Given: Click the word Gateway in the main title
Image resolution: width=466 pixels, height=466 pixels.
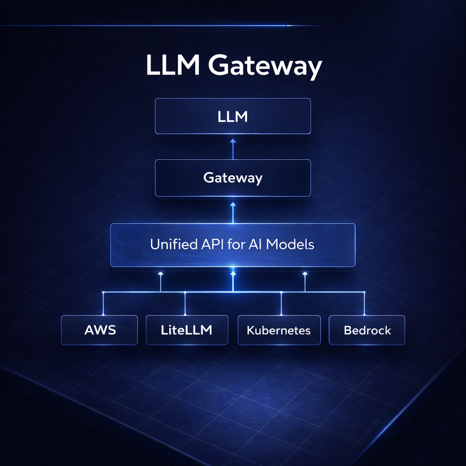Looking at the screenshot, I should (x=265, y=67).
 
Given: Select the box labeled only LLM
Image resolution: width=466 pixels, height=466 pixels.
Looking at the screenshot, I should (x=233, y=116).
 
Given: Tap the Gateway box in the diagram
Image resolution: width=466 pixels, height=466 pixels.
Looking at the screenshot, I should (x=233, y=177).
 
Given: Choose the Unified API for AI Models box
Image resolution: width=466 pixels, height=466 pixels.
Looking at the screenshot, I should (x=233, y=245).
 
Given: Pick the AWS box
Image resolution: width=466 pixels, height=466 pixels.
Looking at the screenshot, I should (x=100, y=330).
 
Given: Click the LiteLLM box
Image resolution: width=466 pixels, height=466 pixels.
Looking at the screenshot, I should (x=187, y=330).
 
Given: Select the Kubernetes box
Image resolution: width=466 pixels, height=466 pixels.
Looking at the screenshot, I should (x=279, y=330).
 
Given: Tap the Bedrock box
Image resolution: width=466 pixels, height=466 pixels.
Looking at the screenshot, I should (x=367, y=330).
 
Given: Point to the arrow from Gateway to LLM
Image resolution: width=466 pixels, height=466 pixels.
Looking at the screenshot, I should (x=233, y=148).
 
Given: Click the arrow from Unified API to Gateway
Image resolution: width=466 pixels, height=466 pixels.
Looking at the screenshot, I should (x=233, y=212).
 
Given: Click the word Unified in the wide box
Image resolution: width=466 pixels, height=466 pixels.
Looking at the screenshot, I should (x=172, y=244).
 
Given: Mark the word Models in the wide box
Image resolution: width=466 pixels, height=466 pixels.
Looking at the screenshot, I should (x=290, y=244).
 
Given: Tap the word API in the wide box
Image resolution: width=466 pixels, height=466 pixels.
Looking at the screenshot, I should (x=212, y=244).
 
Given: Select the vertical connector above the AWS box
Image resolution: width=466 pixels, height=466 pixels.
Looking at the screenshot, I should (x=104, y=303).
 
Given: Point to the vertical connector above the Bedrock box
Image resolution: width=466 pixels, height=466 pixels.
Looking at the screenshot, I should (x=364, y=303).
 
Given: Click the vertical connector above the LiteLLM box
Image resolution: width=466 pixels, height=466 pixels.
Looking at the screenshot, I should (x=185, y=303).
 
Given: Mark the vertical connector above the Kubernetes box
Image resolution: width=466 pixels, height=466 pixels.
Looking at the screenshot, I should (x=281, y=303).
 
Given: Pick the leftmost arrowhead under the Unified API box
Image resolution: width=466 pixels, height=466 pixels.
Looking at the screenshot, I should (x=160, y=274).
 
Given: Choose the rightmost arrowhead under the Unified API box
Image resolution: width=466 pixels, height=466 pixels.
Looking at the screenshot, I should (x=305, y=274).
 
